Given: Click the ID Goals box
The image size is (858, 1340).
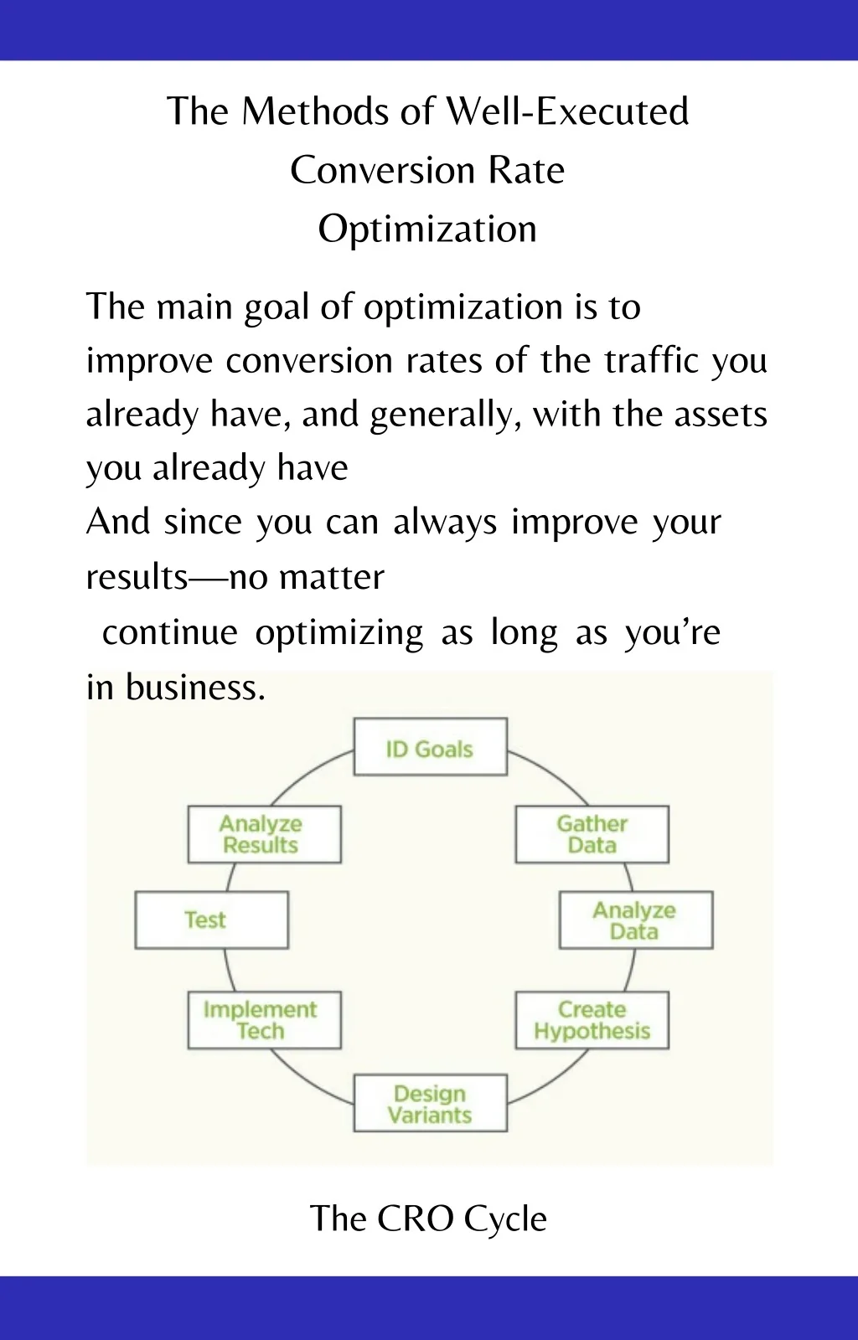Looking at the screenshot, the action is coord(430,746).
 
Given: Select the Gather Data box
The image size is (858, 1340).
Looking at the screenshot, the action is coord(592,834).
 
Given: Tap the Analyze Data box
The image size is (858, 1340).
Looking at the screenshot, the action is coord(636,920).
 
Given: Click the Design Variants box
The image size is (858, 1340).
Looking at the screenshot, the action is coord(430,1103).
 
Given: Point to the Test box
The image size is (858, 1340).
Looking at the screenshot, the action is coord(212,920).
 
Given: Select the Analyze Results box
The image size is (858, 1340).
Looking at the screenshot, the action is coord(265,834).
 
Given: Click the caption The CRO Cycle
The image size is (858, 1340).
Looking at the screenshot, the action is coord(428,1219).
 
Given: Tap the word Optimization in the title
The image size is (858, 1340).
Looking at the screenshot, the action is coord(427,229).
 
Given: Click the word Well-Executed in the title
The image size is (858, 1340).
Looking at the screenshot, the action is coord(568,111).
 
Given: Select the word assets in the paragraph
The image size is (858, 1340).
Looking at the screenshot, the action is coord(721,415).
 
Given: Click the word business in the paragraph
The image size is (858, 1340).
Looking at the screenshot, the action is coord(195,687).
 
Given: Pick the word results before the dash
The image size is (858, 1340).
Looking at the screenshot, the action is coord(137,577).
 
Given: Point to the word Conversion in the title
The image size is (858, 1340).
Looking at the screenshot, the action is coord(382,171).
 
